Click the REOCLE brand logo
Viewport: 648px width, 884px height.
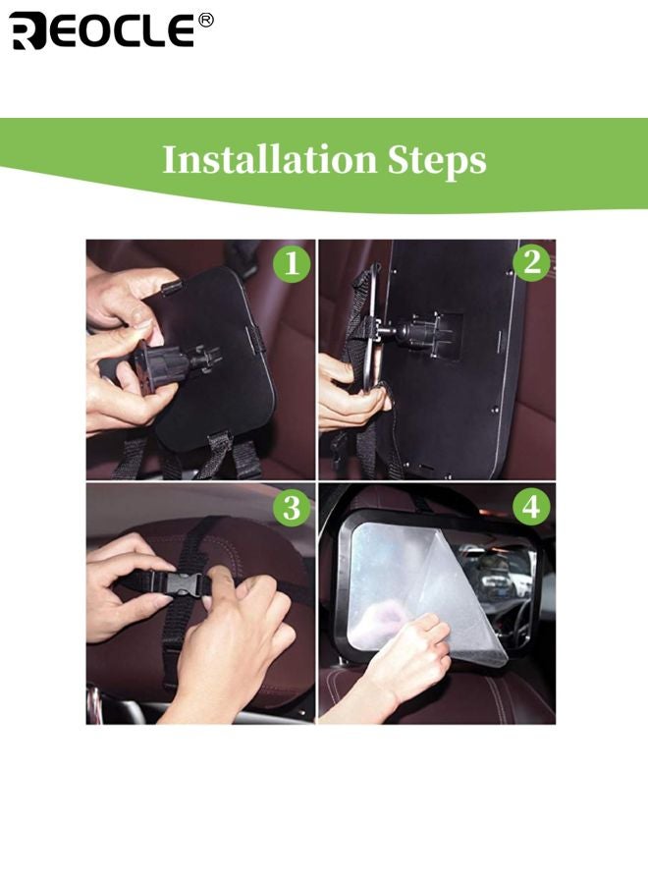click(102, 30)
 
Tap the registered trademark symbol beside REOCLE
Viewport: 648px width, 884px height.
click(205, 21)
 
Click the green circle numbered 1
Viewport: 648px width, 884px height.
click(291, 264)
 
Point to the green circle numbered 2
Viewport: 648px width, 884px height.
click(531, 263)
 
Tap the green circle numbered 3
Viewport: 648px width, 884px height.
click(291, 508)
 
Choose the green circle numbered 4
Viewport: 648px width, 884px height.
click(531, 508)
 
